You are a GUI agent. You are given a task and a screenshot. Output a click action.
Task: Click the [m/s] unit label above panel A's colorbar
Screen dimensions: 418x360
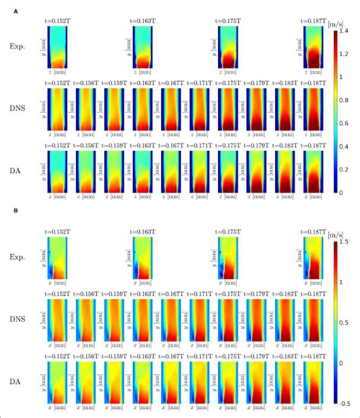tap(335, 24)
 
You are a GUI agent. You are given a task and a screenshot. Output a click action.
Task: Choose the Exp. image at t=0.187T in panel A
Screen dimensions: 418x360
tap(312, 47)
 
